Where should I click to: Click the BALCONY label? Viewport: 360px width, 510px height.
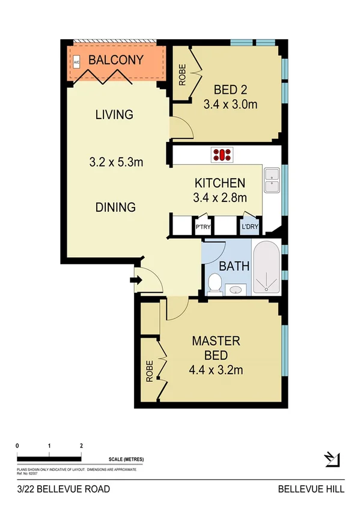115,60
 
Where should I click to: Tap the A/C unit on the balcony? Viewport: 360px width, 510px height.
76,62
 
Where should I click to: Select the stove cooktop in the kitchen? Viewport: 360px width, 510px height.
222,155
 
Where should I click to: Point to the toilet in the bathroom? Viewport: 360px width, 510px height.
214,283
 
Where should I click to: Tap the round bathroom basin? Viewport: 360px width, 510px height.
236,290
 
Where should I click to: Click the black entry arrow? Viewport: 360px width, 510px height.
136,279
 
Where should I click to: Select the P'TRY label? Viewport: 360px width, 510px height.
202,227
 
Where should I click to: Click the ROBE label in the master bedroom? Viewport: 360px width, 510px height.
148,371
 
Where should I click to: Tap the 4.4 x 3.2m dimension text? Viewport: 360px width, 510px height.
216,370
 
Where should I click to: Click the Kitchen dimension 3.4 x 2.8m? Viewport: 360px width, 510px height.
219,197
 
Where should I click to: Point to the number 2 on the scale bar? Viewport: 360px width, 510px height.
81,446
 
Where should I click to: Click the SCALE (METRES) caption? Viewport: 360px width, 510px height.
126,459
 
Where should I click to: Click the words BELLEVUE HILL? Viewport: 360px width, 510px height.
311,490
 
